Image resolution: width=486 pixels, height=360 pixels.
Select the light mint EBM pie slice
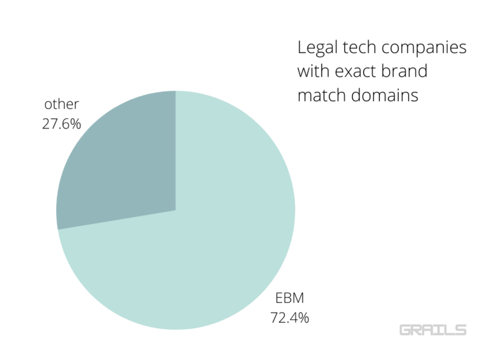(209, 240)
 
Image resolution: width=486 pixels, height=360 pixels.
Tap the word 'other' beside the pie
(61, 104)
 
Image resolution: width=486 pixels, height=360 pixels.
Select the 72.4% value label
(290, 318)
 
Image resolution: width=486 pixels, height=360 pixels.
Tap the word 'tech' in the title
(361, 48)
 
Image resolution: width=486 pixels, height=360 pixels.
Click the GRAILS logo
(433, 330)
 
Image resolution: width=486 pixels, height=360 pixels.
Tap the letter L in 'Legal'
(301, 48)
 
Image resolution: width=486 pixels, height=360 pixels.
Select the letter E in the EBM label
(278, 298)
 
